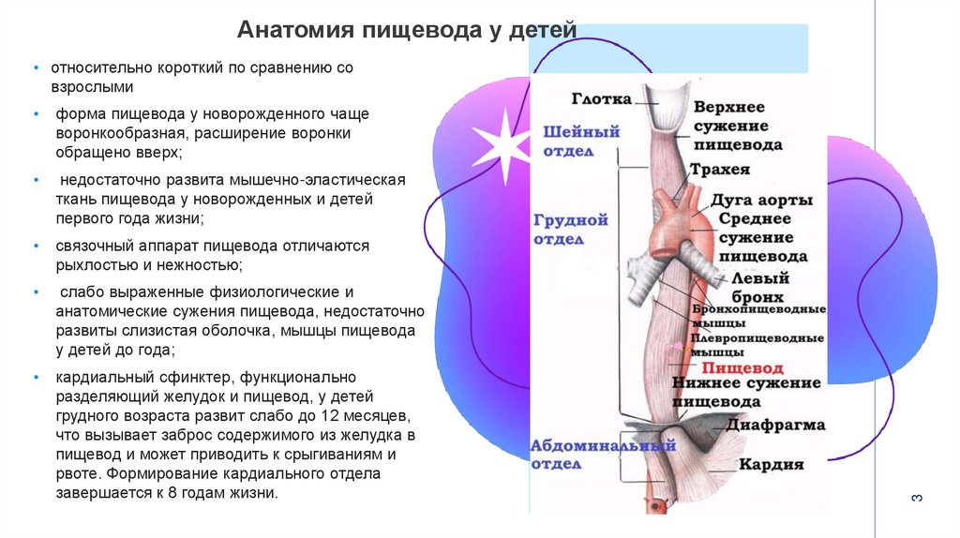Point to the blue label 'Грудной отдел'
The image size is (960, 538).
coord(571,230)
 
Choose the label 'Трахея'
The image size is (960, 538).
coord(720,170)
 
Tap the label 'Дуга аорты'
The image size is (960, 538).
coord(761,200)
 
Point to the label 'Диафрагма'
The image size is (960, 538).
coord(773,425)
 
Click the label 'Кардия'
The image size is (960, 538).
coord(771,464)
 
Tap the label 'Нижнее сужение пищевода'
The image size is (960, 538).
coord(746,392)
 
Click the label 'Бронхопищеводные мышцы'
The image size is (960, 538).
coord(758,316)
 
